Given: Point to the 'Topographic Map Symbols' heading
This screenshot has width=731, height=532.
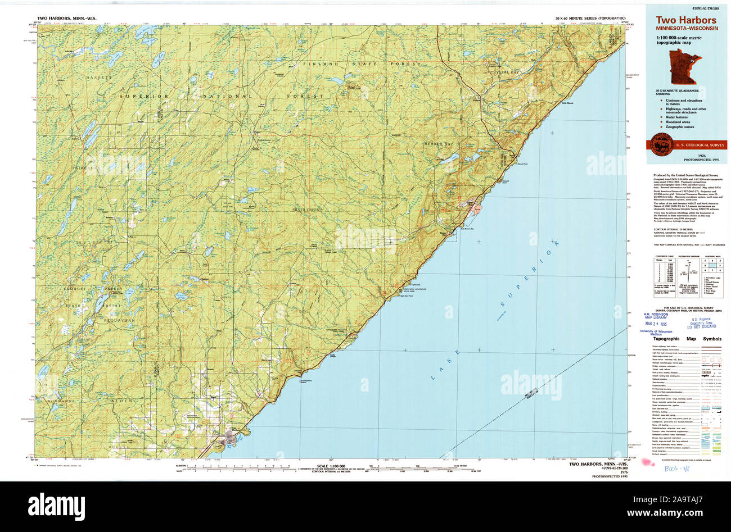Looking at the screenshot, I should (x=687, y=339).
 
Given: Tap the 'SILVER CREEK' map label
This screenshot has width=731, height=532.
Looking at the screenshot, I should (x=305, y=209).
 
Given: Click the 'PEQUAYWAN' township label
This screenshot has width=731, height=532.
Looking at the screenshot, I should (x=101, y=319).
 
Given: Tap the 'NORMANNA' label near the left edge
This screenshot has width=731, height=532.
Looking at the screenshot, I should (x=62, y=401).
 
